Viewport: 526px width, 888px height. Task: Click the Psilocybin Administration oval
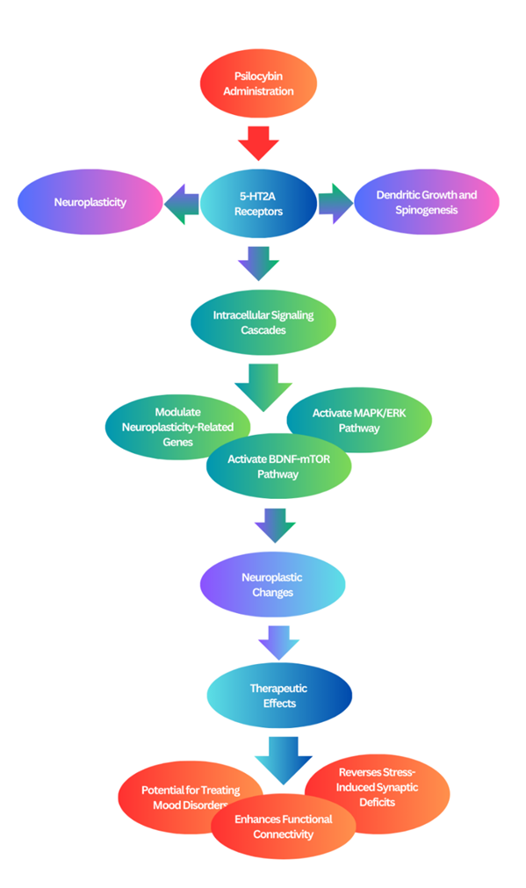pos(258,83)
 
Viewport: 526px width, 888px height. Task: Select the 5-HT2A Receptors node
pos(258,204)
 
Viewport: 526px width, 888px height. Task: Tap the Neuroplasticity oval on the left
pos(90,202)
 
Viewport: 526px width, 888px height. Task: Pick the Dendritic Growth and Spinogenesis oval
pos(427,202)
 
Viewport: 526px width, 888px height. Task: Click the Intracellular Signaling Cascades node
pos(263,323)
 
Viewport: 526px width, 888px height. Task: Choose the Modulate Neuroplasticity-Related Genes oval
pos(169,427)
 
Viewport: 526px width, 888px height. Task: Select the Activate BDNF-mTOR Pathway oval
pos(278,466)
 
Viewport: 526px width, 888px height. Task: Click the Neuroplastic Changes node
pos(272,584)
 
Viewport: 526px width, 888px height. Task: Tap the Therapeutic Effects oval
pos(279,696)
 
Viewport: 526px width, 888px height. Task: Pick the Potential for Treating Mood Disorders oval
pos(181,798)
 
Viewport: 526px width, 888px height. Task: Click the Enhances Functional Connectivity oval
pos(283,827)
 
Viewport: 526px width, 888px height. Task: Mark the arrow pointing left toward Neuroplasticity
pos(182,205)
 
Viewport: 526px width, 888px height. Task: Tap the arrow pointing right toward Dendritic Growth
pos(335,203)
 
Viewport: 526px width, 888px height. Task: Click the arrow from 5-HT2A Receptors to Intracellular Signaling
pos(259,264)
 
